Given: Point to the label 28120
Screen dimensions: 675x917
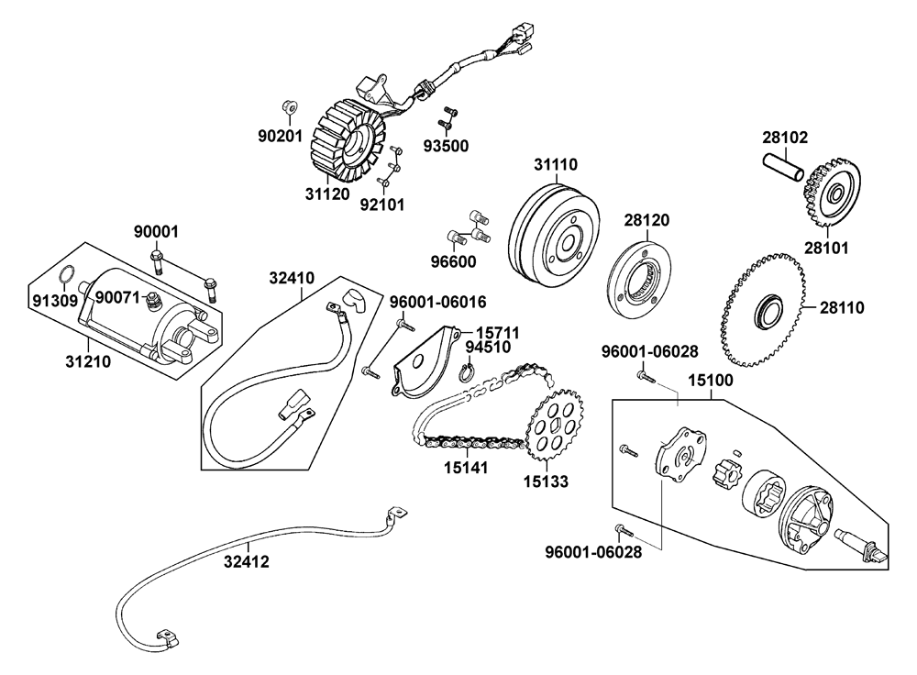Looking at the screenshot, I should click(647, 220).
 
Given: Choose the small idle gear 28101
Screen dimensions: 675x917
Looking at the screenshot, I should click(832, 194).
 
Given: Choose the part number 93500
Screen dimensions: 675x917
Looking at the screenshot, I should click(446, 146).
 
